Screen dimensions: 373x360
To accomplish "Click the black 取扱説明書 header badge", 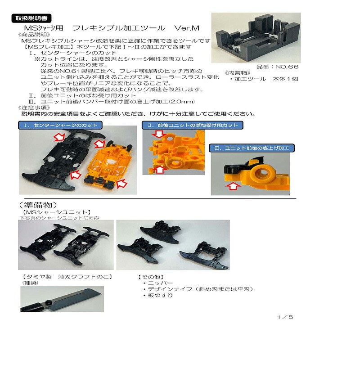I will point(31,18).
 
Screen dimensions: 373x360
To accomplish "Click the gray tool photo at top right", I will point(256,37).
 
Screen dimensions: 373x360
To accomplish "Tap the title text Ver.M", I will point(184,28).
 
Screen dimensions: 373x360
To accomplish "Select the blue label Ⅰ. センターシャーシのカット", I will point(61,125).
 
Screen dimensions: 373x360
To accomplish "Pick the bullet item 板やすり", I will point(160,296).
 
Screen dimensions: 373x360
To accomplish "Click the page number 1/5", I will point(285,317).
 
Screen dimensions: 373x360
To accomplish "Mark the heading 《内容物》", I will point(238,72).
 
